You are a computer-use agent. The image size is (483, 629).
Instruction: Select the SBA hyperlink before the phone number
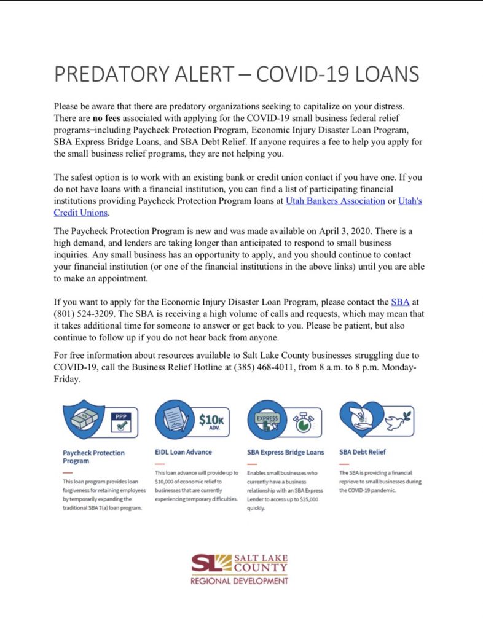[x=399, y=302]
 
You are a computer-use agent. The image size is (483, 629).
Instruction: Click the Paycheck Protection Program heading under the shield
[x=93, y=456]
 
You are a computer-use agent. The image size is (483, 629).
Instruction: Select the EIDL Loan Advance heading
[x=183, y=452]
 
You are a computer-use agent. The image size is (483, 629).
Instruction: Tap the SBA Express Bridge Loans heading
[x=285, y=452]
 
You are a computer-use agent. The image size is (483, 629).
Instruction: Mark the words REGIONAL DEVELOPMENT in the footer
[x=239, y=580]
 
